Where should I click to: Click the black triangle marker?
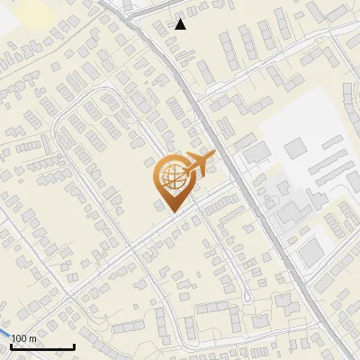181,24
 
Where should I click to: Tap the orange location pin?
172,180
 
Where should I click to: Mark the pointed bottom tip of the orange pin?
171,211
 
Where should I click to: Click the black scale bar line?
42,346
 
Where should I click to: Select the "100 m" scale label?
24,338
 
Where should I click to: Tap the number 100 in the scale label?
20,338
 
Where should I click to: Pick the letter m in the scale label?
32,338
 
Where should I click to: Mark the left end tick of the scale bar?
12,345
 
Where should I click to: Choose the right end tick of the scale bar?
73,345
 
